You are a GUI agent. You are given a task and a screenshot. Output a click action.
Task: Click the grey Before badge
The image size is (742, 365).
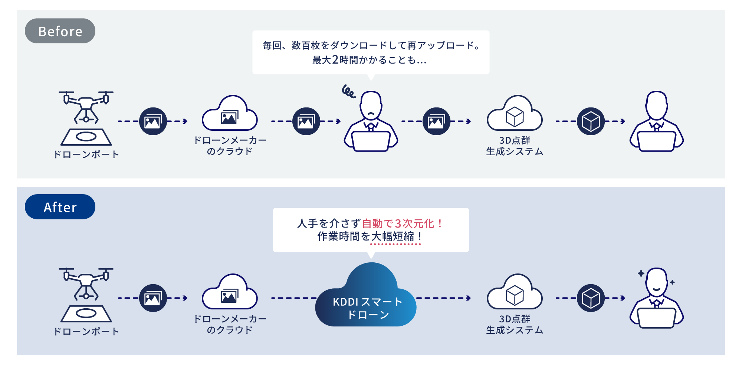[x=60, y=31]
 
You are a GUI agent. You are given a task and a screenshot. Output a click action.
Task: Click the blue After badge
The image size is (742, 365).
[x=60, y=207]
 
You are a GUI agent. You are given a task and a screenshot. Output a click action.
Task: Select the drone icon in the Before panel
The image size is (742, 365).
[x=86, y=118]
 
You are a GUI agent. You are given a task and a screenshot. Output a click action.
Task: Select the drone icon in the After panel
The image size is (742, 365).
[x=86, y=295]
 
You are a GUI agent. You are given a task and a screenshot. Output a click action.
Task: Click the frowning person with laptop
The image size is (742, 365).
[x=371, y=122]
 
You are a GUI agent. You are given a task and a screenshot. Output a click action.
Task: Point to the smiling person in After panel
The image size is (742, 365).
[x=657, y=298]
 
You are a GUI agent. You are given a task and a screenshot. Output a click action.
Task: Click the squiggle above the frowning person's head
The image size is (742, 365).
[x=348, y=91]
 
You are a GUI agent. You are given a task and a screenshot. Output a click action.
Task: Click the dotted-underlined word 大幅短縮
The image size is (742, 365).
[x=393, y=236]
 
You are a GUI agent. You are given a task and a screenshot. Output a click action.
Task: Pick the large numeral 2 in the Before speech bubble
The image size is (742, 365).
[x=335, y=60]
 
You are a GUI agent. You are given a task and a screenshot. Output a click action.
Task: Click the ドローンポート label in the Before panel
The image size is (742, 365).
[x=86, y=155]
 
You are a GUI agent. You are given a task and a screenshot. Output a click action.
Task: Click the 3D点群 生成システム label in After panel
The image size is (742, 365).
[x=515, y=324]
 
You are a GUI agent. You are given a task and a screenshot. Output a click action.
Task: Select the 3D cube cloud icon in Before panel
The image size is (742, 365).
[x=515, y=113]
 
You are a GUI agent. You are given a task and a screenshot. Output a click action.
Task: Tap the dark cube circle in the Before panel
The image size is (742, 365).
[x=591, y=121]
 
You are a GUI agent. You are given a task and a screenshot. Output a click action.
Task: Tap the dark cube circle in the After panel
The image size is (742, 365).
[x=591, y=298]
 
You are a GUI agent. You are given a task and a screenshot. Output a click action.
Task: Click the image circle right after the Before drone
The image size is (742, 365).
[x=153, y=121]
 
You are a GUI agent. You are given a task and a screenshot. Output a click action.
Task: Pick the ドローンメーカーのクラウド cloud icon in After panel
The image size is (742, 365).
[x=230, y=292]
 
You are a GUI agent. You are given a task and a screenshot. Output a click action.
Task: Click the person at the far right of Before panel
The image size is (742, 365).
[x=657, y=122]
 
